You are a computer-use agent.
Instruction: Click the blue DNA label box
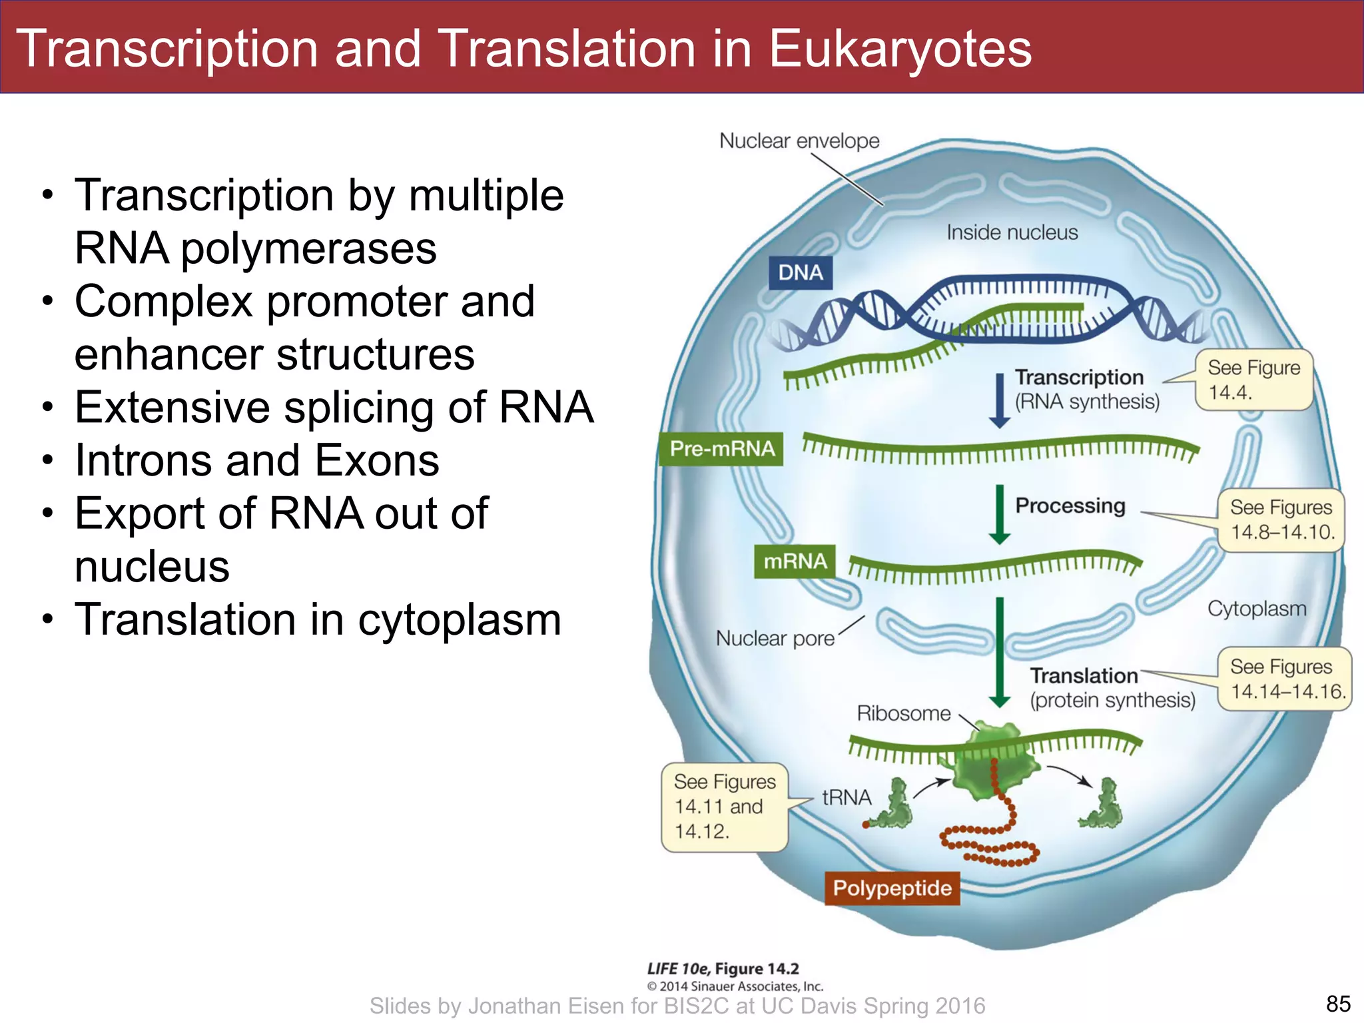pos(800,272)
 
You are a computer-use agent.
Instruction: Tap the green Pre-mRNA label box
pos(721,448)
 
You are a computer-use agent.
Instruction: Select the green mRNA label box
pos(795,561)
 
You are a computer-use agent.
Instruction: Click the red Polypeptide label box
pos(892,888)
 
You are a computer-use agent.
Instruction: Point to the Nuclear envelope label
pos(799,141)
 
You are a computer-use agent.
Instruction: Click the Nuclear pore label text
pos(775,638)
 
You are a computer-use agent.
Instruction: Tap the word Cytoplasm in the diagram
pos(1256,608)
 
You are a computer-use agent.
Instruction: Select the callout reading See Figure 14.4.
pos(1253,380)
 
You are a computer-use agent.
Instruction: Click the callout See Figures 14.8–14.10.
pos(1281,519)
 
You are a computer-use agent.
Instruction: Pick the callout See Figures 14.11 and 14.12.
pos(724,807)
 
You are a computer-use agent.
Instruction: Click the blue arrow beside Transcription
pos(999,400)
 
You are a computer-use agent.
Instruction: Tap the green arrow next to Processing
pos(999,514)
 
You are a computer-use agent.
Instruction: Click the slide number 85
pos(1338,1003)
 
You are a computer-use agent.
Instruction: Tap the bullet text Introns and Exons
pos(257,460)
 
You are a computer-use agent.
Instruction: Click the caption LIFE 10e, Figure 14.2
pos(723,968)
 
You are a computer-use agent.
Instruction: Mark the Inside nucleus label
pos(1011,232)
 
